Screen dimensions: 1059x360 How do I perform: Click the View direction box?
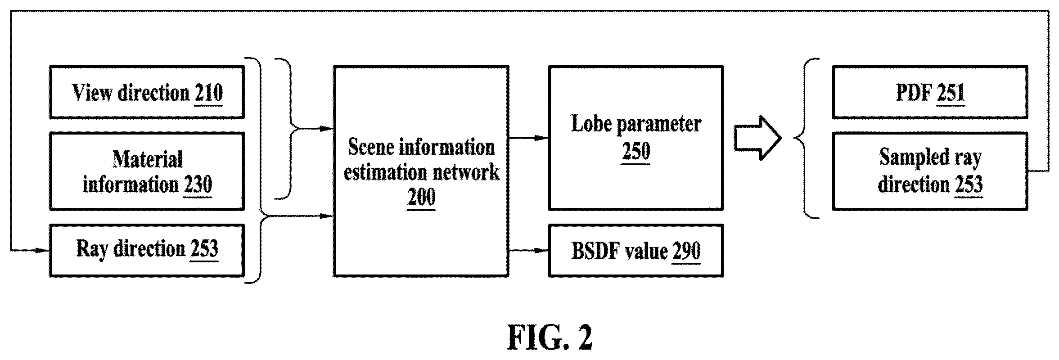click(147, 92)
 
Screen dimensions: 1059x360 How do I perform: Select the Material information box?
click(147, 171)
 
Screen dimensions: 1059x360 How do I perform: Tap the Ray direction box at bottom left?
click(147, 250)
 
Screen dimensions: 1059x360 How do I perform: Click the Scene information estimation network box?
click(421, 171)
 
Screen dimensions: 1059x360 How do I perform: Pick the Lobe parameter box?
click(635, 138)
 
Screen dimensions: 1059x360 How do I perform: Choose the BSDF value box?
click(635, 250)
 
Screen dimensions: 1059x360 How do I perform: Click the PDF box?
click(930, 92)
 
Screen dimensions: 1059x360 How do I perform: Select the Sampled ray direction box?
click(930, 171)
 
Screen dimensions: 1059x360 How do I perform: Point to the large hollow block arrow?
click(758, 138)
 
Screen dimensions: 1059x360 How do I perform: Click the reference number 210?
click(208, 93)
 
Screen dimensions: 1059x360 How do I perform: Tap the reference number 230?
click(198, 184)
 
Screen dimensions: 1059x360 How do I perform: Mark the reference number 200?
click(421, 197)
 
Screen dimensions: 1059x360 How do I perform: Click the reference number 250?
click(635, 150)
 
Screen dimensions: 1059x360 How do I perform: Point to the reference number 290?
click(686, 251)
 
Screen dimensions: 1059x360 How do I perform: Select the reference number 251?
click(950, 93)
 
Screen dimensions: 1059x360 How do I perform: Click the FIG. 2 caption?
click(550, 337)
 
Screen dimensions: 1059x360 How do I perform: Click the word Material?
click(147, 159)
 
